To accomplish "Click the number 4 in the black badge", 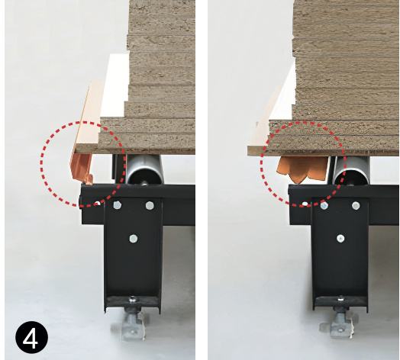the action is (x=31, y=337).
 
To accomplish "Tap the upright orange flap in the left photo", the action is (x=81, y=167).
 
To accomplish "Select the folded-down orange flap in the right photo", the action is (x=302, y=169).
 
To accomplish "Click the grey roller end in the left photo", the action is (x=144, y=169).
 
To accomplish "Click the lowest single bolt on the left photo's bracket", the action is (x=133, y=239).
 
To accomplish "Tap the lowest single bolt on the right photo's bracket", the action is (x=340, y=239).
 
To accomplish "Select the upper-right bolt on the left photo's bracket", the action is (x=150, y=205).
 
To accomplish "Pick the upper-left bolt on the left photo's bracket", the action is (x=117, y=205).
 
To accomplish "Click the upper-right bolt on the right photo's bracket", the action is (x=356, y=205).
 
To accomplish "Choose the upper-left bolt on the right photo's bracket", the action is (x=324, y=205).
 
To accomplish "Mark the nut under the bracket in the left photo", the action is (x=132, y=299).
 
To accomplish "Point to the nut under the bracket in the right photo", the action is (x=340, y=299).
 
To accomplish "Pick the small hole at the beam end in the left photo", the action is (x=97, y=204).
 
